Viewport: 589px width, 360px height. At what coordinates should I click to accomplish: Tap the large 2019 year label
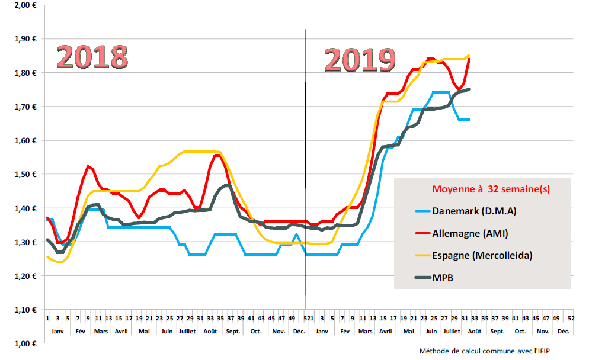[360, 60]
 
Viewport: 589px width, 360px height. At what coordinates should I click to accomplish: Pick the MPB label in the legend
[444, 277]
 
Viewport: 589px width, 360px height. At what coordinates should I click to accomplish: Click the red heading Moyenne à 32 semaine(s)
[491, 189]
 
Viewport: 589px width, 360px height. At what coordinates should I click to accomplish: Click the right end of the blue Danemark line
[469, 120]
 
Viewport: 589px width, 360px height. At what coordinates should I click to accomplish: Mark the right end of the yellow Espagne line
[469, 56]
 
